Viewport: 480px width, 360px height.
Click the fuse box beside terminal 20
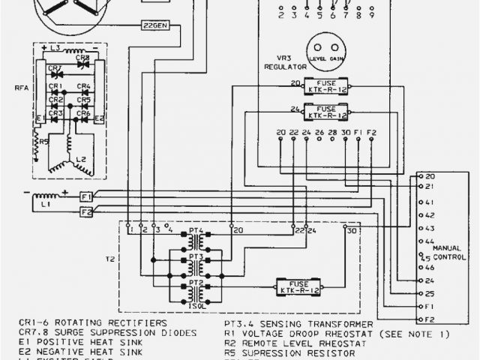[326, 86]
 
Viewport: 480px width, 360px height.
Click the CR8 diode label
[83, 58]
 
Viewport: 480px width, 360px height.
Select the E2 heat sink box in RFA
[99, 118]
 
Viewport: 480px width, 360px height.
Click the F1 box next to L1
[85, 196]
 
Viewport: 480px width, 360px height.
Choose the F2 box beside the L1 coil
[85, 211]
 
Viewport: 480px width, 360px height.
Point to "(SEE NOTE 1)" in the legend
[415, 333]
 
